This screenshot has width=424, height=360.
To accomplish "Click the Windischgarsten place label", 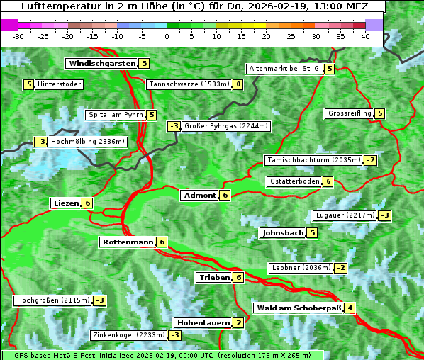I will [x=102, y=64].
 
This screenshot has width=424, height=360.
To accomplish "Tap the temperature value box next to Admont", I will [x=225, y=196].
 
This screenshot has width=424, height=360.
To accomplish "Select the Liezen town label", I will [x=66, y=203].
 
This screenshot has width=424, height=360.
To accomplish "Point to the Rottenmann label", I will [x=128, y=242].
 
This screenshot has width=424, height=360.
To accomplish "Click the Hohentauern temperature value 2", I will [x=238, y=323].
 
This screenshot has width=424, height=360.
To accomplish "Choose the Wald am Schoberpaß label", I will [x=298, y=308].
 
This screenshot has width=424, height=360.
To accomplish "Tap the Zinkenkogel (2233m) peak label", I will [x=128, y=335].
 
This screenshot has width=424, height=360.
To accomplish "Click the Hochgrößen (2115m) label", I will [x=53, y=300].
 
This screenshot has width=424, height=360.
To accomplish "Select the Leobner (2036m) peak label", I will [x=301, y=268].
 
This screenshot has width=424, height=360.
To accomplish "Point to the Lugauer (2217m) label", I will [x=345, y=215].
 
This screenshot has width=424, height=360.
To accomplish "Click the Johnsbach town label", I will [x=283, y=233].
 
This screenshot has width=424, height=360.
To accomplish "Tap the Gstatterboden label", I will [x=294, y=181].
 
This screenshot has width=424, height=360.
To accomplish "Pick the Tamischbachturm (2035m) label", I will [x=313, y=160].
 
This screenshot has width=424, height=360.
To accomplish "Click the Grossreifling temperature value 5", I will [x=380, y=113].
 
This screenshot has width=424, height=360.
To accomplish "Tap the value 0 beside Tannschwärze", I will [x=238, y=85].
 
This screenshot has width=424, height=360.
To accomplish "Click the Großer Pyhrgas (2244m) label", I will [x=226, y=127].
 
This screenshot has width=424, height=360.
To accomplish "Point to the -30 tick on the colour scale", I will [x=18, y=36].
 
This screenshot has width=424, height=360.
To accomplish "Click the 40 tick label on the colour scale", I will [x=365, y=36].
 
